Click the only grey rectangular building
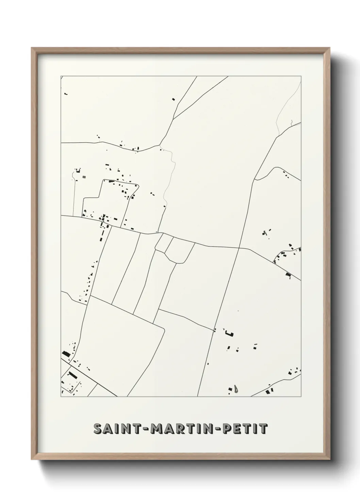(x=84, y=177)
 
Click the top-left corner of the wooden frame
(x=32, y=48)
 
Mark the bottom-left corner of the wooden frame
(x=32, y=459)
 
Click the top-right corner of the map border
(x=301, y=76)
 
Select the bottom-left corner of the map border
(x=61, y=397)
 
